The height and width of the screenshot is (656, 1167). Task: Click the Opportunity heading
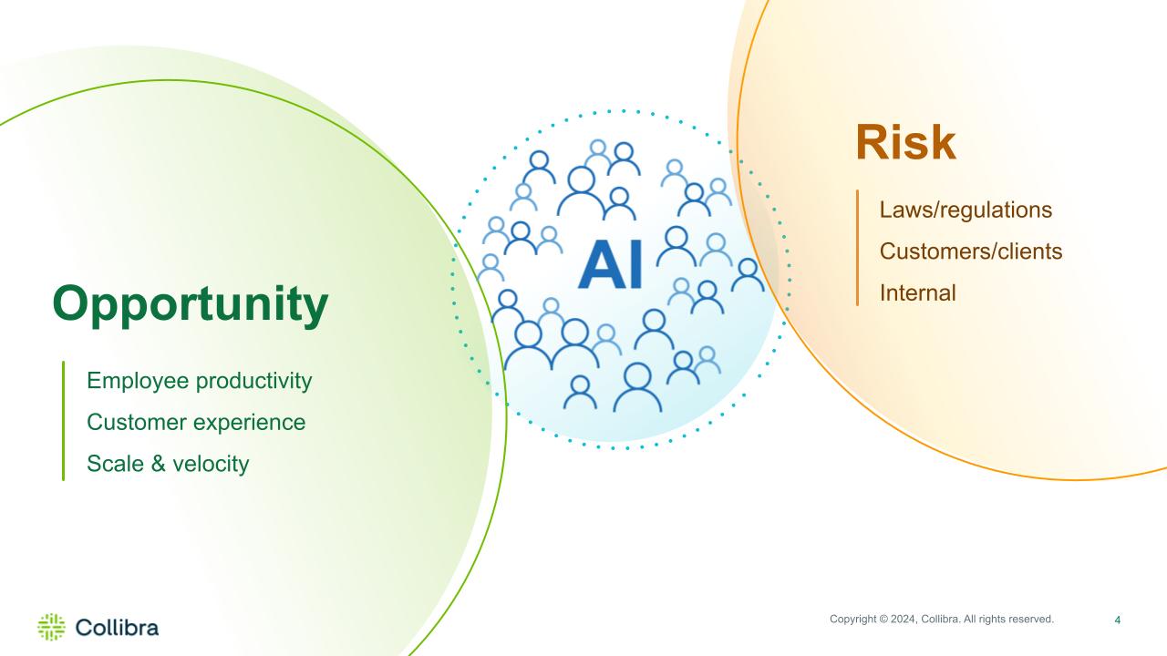[191, 305]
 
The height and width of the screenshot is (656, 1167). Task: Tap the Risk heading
[906, 142]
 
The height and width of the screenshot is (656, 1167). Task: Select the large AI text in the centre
[611, 264]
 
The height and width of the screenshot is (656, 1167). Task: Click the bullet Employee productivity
[199, 381]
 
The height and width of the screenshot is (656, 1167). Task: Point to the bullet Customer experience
[196, 422]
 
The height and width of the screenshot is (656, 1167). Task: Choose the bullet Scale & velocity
[168, 464]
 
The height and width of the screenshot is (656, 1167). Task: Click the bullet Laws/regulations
[966, 210]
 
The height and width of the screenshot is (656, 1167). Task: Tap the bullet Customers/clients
[971, 251]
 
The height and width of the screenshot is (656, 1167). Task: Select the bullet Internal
[917, 293]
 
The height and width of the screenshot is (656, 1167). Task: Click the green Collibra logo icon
[52, 627]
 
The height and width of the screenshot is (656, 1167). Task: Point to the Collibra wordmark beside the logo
[117, 628]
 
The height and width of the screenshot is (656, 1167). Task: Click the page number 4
[1118, 620]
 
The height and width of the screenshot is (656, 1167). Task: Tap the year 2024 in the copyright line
[903, 619]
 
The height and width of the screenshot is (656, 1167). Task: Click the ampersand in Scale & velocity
[159, 464]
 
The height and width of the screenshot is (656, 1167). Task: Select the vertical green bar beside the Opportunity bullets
[64, 421]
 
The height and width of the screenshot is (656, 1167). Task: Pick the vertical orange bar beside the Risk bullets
[858, 248]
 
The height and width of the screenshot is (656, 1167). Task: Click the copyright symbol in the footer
[883, 619]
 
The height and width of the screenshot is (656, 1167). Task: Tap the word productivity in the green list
[253, 382]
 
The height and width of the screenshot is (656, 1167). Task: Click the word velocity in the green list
[211, 464]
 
